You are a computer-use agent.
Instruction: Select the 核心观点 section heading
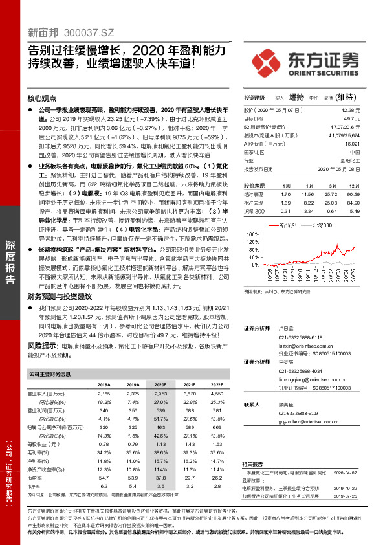42,99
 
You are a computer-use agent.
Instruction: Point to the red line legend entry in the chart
287,225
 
